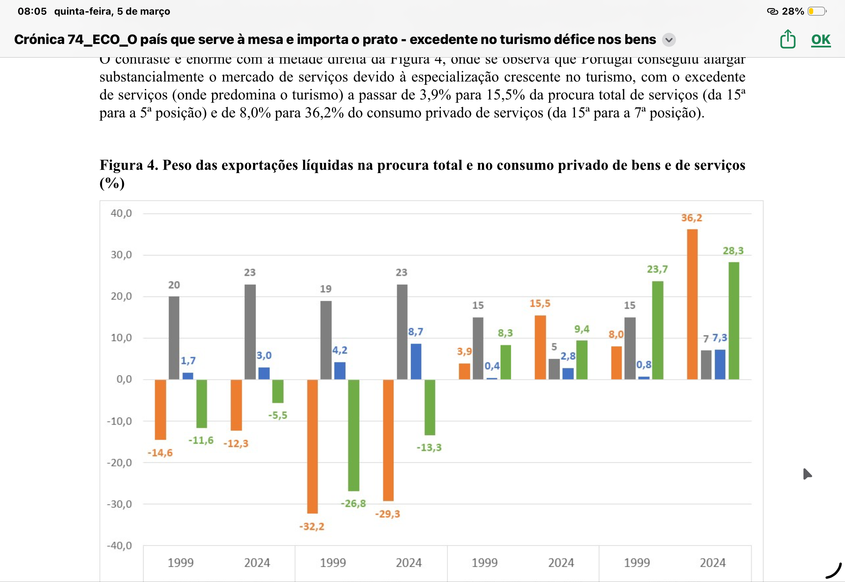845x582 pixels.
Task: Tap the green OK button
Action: tap(821, 39)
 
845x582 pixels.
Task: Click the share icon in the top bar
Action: tap(787, 39)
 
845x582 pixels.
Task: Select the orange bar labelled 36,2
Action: tap(692, 304)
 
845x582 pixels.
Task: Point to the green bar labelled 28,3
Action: tap(734, 321)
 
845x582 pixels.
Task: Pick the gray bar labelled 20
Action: tap(174, 338)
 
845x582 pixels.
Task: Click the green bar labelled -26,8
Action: tap(354, 435)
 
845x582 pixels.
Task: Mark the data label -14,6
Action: tap(160, 453)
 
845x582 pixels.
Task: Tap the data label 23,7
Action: tap(657, 269)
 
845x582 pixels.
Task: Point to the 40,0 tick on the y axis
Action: tap(121, 213)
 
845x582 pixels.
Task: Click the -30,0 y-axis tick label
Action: tap(119, 504)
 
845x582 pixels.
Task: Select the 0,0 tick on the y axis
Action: tap(124, 379)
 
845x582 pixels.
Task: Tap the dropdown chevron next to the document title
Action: tap(669, 39)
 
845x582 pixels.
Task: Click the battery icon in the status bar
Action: tap(816, 11)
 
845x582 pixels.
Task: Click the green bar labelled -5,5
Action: tap(278, 391)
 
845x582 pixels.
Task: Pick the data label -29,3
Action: tap(388, 514)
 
